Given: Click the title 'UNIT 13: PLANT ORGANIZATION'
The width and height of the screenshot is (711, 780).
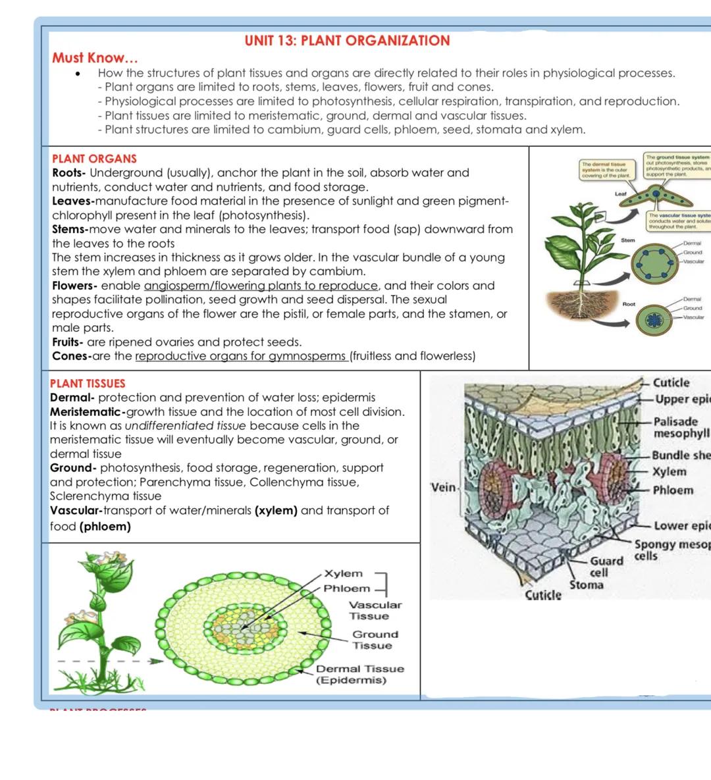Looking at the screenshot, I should (347, 41).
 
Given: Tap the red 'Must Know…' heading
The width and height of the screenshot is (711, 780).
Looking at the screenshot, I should (95, 58).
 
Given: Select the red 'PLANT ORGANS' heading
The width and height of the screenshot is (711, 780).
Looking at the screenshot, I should (94, 159).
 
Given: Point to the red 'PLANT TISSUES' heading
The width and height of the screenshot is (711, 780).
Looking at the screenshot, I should (88, 383).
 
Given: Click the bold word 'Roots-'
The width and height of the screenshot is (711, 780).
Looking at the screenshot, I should (69, 173).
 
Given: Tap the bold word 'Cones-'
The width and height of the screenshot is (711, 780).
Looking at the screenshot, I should (71, 356).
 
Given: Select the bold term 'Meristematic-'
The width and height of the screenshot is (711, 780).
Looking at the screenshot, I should (88, 412).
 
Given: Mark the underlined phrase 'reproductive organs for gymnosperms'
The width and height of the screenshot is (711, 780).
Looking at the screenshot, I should (242, 356).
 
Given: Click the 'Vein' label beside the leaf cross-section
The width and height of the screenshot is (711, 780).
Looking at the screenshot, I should (443, 487).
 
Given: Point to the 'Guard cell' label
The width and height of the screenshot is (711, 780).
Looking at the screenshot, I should (606, 567).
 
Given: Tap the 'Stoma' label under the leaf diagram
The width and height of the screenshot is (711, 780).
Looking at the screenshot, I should (586, 585).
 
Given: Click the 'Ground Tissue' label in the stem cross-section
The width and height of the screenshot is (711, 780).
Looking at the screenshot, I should (375, 640).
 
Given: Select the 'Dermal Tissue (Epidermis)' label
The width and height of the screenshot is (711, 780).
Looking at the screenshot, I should (359, 674).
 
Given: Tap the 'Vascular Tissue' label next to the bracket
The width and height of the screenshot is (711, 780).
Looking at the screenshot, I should (375, 610).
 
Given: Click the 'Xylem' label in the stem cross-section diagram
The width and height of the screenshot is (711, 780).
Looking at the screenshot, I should (343, 574).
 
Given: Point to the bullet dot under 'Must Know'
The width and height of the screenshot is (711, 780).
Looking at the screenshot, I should (79, 74).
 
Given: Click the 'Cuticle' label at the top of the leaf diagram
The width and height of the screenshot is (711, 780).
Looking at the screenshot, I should (671, 382).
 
